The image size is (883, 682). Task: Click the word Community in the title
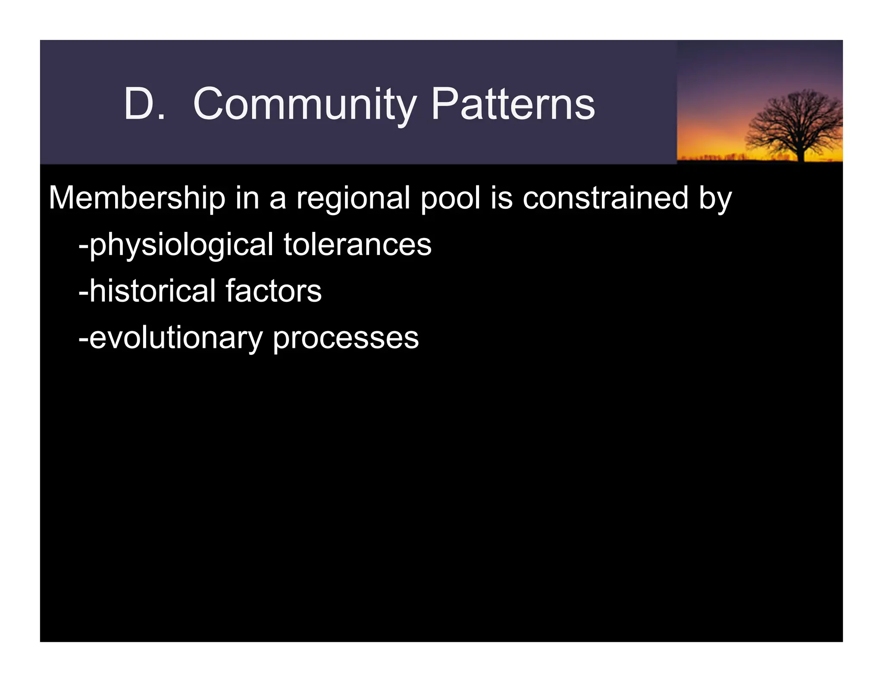(x=304, y=105)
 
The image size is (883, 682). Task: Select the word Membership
(x=137, y=198)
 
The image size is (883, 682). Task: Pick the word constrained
(x=605, y=198)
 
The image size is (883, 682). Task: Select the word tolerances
(x=357, y=245)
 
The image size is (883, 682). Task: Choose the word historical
(x=152, y=291)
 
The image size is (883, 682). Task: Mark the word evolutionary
(x=175, y=339)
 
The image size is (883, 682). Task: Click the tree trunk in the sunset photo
(x=801, y=153)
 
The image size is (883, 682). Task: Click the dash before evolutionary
(x=83, y=339)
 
